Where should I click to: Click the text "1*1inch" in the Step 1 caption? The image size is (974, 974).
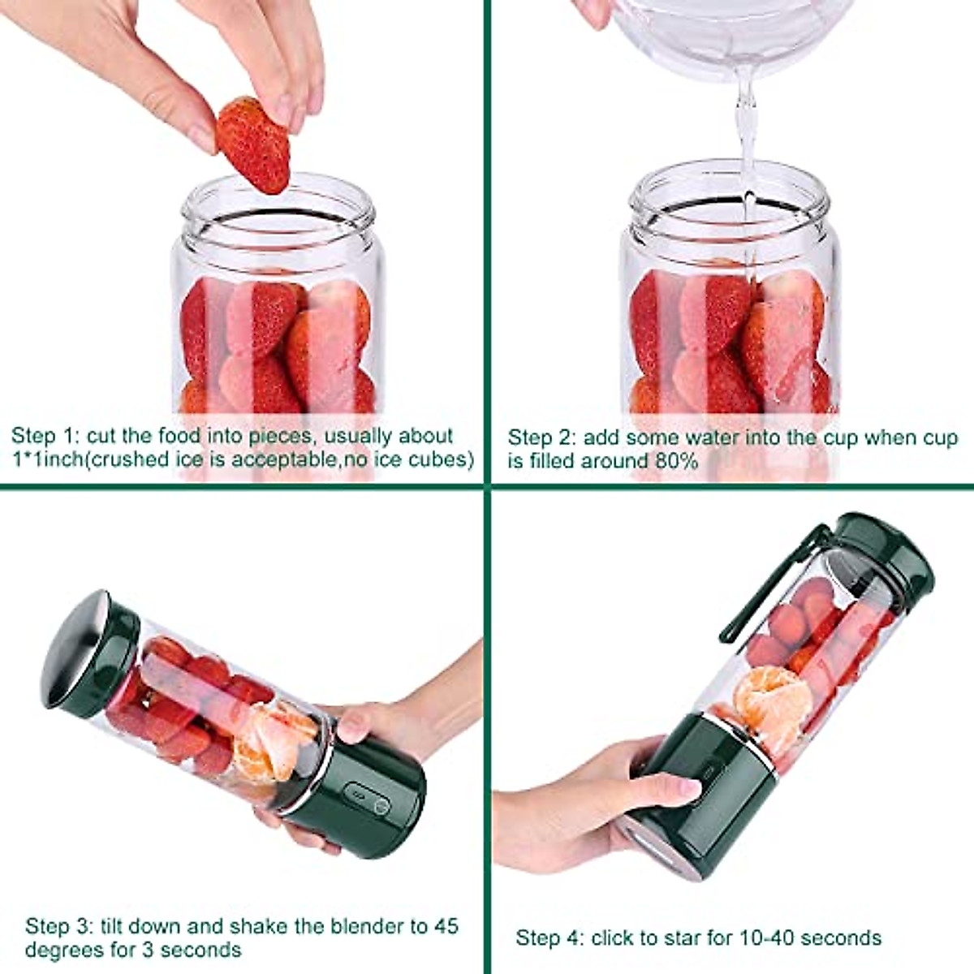click(48, 459)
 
